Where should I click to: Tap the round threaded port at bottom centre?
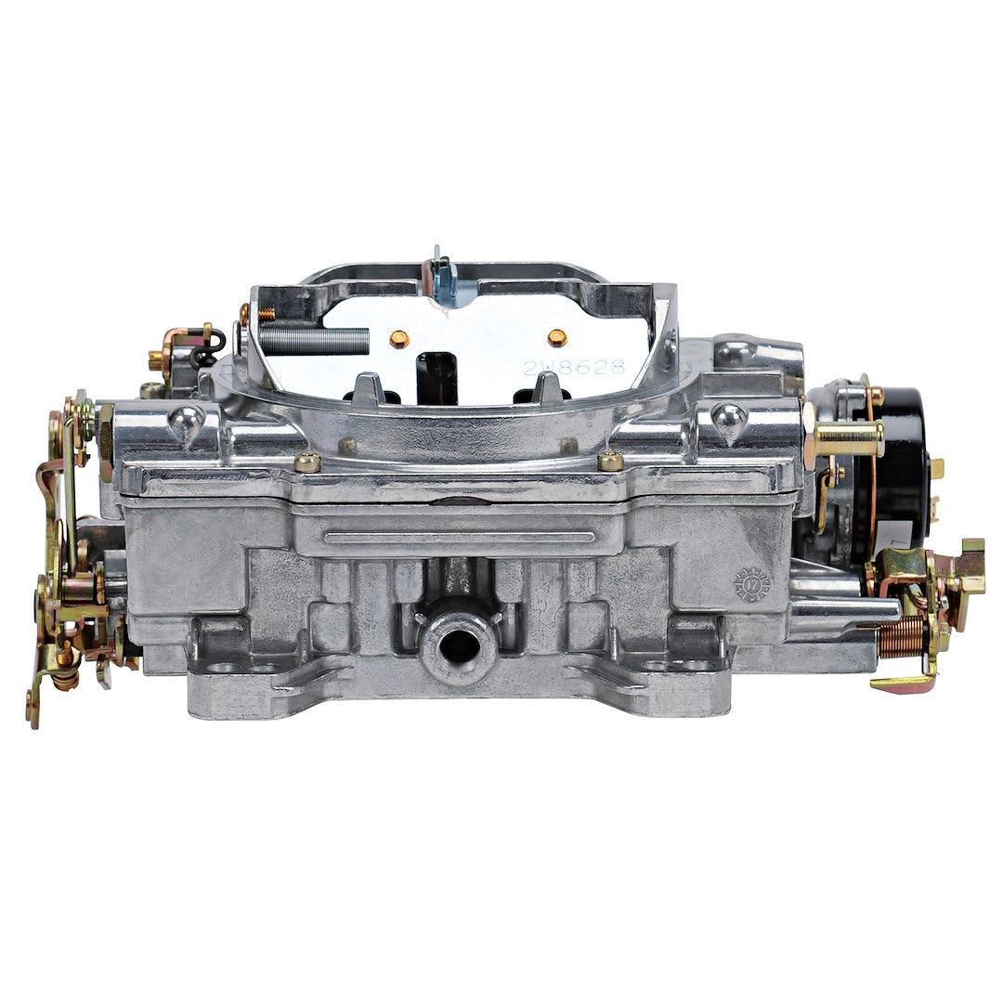[x=459, y=645]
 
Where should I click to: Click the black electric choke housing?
[x=896, y=464]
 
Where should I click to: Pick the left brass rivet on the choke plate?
[x=398, y=338]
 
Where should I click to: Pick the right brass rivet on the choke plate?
[x=556, y=337]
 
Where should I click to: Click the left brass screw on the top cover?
[x=306, y=462]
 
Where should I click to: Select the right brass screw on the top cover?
[x=610, y=461]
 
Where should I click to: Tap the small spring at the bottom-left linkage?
[x=64, y=677]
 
